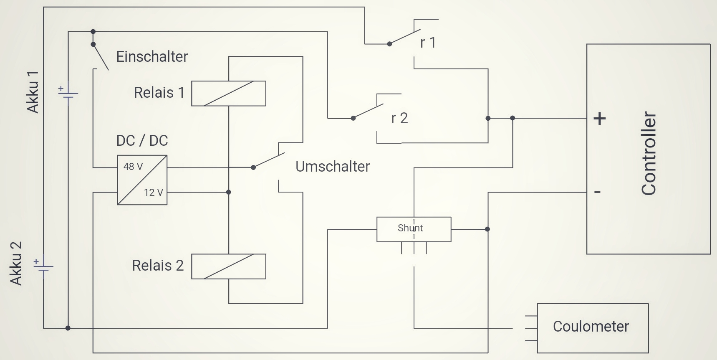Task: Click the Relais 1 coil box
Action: click(228, 93)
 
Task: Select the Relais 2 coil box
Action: click(228, 266)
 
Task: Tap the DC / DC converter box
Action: click(142, 180)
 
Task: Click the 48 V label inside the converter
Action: click(133, 167)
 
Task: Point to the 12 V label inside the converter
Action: click(154, 193)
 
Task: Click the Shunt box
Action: click(414, 229)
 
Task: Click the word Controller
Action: click(649, 153)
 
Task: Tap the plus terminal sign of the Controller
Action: click(599, 119)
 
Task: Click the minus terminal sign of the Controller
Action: click(597, 192)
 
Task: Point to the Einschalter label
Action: click(152, 57)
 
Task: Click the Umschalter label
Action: click(333, 167)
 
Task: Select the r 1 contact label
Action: click(428, 43)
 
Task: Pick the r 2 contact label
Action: click(399, 119)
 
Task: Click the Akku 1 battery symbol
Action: click(68, 94)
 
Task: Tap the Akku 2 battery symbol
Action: click(43, 266)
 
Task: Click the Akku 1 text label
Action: click(33, 92)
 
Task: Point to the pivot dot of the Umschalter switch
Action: click(253, 167)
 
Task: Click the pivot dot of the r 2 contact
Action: click(353, 118)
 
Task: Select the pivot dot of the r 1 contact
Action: click(389, 44)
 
